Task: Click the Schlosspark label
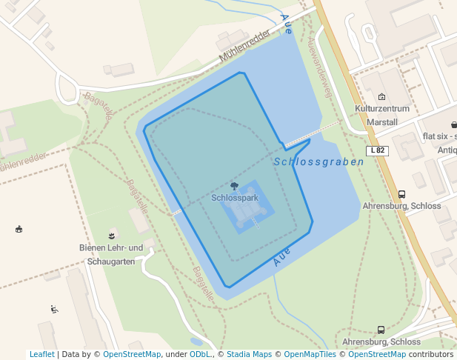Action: tap(234, 198)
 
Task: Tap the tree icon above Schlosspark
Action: tap(235, 187)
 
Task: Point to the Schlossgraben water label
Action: tap(318, 161)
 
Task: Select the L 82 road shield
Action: tap(377, 150)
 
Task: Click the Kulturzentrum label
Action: tap(382, 109)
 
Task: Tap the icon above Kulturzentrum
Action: tap(381, 97)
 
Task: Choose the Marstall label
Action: tap(382, 122)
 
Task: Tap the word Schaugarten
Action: tap(111, 261)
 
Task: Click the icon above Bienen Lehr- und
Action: tap(112, 234)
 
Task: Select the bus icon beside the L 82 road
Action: tap(401, 194)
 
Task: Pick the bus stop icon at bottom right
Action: tap(381, 330)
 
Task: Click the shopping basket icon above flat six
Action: tap(453, 124)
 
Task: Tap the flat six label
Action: tap(438, 136)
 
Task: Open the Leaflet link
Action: tap(41, 354)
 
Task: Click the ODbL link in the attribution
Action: tap(200, 354)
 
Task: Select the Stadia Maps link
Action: tap(249, 354)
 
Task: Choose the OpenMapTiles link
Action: tap(311, 354)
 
